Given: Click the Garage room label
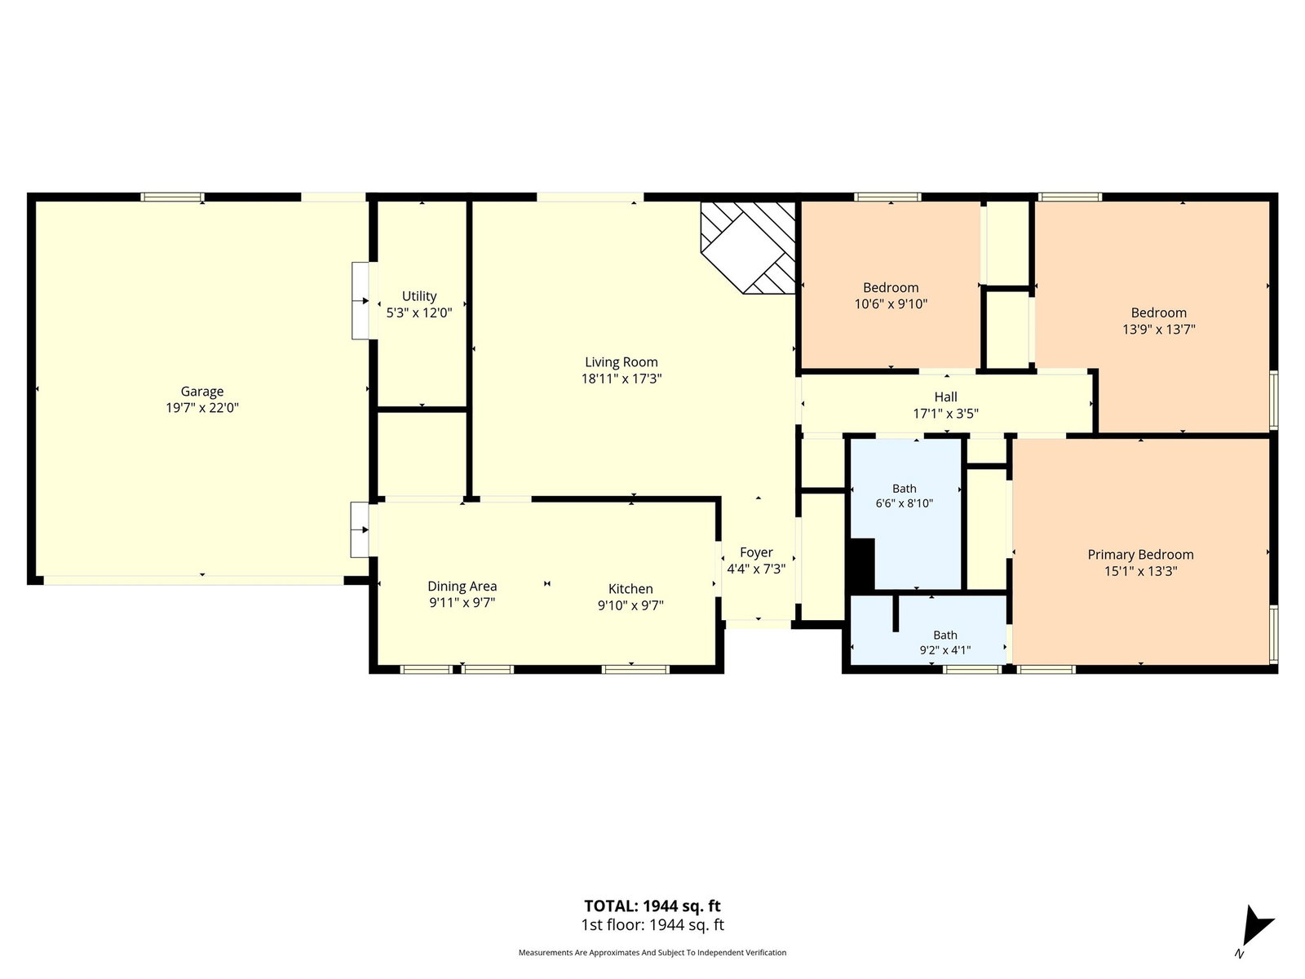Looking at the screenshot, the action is [202, 392].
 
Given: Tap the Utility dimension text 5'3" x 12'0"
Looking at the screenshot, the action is [419, 312].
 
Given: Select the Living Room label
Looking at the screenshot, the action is [622, 362].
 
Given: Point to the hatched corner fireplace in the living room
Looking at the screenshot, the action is [748, 247].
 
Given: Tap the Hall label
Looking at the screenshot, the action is [946, 397].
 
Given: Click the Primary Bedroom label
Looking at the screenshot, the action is [1140, 555].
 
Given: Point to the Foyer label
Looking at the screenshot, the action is [756, 553].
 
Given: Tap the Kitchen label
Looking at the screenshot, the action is [630, 589].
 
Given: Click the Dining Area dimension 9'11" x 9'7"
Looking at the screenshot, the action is [462, 603].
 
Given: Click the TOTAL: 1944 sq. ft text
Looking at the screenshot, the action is [652, 906].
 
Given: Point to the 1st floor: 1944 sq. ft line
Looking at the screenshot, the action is [652, 925].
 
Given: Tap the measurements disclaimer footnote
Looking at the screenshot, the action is [652, 952].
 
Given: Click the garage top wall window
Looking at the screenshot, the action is [172, 197].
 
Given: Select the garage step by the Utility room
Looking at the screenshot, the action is [361, 301].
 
